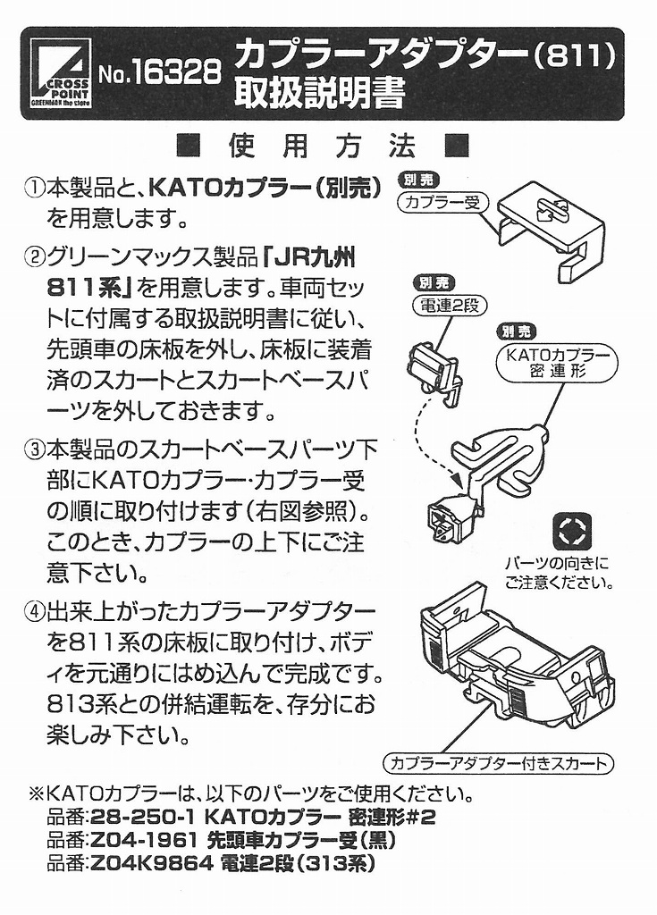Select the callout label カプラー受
click(442, 202)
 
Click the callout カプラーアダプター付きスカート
click(499, 763)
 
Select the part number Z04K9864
click(151, 865)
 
